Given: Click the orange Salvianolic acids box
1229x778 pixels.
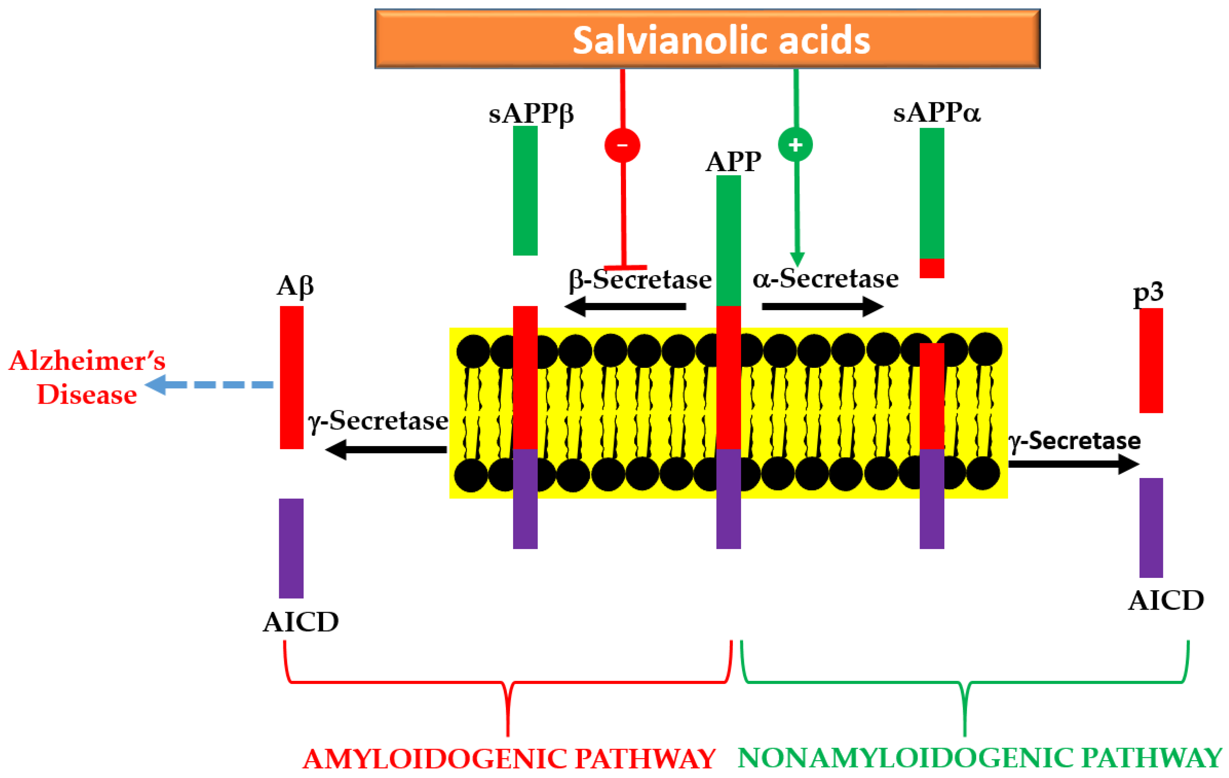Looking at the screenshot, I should pos(707,39).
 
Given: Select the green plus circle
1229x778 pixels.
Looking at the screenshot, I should pos(795,145).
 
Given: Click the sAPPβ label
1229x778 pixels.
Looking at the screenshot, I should pos(531,113).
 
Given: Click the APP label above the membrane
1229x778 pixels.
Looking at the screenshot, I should pos(733,162).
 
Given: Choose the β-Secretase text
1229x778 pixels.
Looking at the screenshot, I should pos(640,280).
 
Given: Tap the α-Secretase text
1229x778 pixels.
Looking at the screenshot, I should pos(825,279).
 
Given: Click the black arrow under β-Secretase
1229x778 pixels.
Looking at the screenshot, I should pos(625,307).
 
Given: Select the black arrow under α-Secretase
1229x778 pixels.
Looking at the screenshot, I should pos(822,307).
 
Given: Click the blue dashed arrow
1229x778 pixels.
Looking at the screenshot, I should pos(209,385).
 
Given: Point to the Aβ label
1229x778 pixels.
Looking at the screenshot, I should pos(295,286).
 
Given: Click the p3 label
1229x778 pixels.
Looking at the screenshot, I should pos(1148,293).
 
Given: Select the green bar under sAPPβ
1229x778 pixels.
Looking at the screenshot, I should pos(525,190).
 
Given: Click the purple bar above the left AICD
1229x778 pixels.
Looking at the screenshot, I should pos(291,548).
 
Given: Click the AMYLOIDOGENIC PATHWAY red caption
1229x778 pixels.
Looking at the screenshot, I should pos(509,759).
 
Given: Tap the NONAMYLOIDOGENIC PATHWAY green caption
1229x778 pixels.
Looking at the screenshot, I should pos(980,758).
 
